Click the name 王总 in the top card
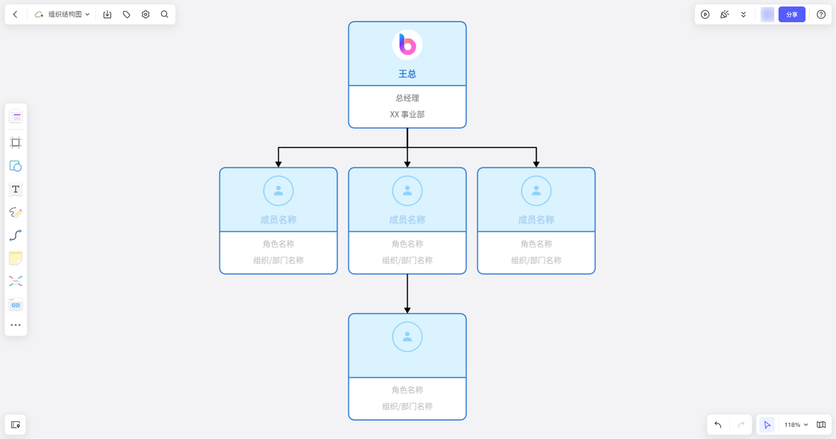coord(407,74)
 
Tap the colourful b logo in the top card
coord(407,45)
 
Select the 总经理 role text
coord(407,98)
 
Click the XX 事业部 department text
coord(407,114)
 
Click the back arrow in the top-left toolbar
coord(16,15)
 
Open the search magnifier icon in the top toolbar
coord(165,15)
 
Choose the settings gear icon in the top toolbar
coord(146,15)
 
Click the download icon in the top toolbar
coord(107,15)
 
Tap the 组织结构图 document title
coord(64,15)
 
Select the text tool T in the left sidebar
coord(16,189)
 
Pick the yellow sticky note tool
coord(16,258)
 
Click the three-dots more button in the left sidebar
coord(16,325)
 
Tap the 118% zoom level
coord(792,425)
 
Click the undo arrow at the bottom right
coord(718,425)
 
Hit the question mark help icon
coord(821,15)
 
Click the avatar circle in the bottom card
coord(407,337)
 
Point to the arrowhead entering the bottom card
coord(407,310)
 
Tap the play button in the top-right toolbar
coord(705,15)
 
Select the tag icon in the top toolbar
coord(127,15)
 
